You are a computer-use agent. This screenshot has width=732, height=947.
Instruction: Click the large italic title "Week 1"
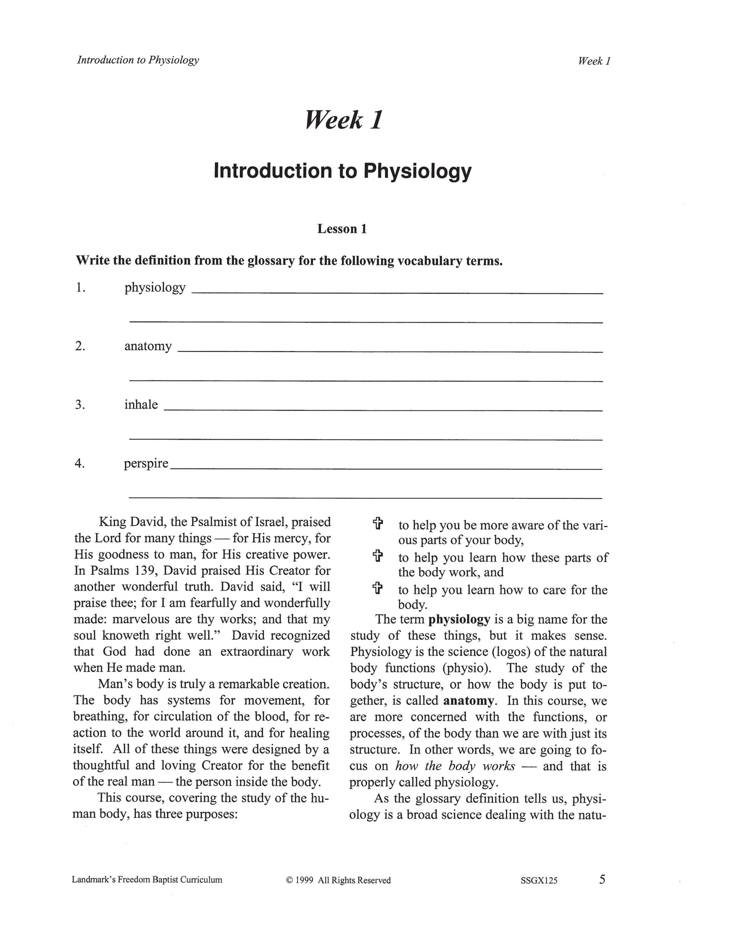[343, 120]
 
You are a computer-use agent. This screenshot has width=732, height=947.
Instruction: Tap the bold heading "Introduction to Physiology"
[342, 171]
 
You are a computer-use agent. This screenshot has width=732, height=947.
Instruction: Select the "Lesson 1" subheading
[342, 229]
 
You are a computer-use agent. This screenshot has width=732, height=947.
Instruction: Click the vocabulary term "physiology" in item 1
[155, 288]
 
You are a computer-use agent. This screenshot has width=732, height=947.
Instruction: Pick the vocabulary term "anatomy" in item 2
[148, 346]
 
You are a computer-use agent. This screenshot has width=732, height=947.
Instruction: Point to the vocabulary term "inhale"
[141, 405]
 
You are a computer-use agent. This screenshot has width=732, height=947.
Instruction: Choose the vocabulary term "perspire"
[146, 463]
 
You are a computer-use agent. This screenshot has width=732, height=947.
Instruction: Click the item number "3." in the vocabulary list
[80, 405]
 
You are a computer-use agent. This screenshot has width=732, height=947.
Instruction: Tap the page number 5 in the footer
[602, 879]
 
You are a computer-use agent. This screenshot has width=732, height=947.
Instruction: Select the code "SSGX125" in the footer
[538, 880]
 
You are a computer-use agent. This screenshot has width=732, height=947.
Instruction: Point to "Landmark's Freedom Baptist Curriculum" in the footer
[147, 880]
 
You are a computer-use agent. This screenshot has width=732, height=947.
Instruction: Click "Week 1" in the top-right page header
[594, 61]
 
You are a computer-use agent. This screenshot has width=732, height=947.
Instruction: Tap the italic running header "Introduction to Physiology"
[138, 60]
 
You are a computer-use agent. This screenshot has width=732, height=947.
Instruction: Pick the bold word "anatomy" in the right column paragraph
[469, 701]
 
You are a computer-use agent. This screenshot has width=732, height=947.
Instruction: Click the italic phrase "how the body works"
[455, 766]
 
